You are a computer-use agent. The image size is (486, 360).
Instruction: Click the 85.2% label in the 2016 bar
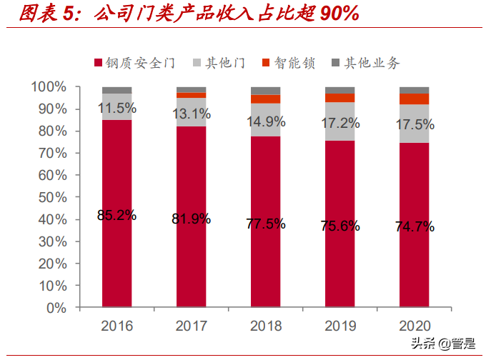tap(116, 215)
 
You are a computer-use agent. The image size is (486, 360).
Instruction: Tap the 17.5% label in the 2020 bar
tap(415, 124)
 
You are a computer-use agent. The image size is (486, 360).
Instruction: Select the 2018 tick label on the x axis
tap(265, 326)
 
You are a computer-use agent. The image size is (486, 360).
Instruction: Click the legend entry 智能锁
tap(289, 64)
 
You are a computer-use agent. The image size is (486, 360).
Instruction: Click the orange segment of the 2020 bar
tap(414, 99)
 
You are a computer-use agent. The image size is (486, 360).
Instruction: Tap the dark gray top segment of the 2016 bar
tap(116, 90)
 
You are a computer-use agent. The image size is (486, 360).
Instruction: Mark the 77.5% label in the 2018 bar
tap(265, 224)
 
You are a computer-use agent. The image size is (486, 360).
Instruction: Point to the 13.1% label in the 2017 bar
tap(191, 113)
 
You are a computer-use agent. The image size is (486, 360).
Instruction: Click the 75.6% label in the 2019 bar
tap(339, 226)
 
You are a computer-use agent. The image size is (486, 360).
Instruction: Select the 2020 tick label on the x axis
tap(414, 326)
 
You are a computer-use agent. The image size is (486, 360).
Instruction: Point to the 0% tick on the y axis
tap(55, 309)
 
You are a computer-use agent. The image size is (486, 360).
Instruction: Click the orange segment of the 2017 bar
tap(191, 95)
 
